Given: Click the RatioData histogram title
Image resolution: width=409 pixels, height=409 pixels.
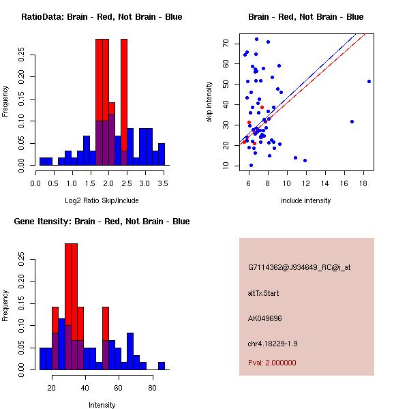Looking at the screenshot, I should pyautogui.click(x=101, y=17).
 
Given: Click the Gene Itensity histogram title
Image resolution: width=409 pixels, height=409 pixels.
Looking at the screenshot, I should pyautogui.click(x=101, y=222).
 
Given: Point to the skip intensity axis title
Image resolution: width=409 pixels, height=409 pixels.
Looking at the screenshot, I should pyautogui.click(x=209, y=102).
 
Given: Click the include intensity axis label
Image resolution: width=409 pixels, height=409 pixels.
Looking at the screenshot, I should pyautogui.click(x=305, y=200).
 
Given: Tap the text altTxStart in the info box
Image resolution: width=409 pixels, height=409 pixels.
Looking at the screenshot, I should pyautogui.click(x=264, y=293).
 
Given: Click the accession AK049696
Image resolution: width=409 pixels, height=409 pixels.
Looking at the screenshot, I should pyautogui.click(x=265, y=318).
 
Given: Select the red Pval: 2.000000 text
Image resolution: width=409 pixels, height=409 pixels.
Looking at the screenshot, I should pyautogui.click(x=272, y=363).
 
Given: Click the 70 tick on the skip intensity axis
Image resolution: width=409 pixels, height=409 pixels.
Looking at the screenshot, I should pyautogui.click(x=226, y=43).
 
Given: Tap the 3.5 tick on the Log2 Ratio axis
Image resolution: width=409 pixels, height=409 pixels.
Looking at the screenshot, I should pyautogui.click(x=162, y=183).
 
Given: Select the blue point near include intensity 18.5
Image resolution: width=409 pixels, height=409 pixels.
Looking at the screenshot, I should pyautogui.click(x=369, y=81).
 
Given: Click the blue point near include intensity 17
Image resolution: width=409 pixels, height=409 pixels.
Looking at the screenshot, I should pyautogui.click(x=352, y=121).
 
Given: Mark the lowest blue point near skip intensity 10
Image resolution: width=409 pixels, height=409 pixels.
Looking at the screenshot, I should pyautogui.click(x=251, y=165).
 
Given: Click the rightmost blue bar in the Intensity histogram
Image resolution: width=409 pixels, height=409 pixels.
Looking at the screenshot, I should pyautogui.click(x=162, y=365).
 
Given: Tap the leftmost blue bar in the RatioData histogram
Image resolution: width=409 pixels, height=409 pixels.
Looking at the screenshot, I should pyautogui.click(x=43, y=162).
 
